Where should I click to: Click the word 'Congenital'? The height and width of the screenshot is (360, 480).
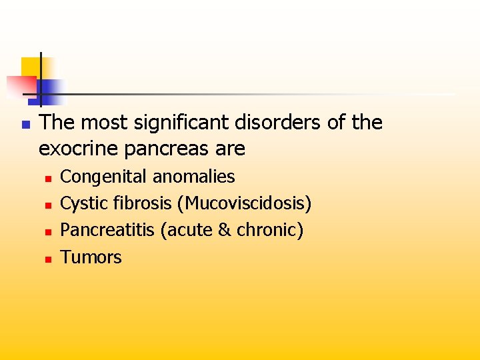tap(104, 177)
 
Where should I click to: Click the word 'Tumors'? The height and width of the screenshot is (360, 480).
tap(91, 257)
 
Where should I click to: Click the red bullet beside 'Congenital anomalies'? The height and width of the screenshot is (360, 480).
tap(48, 179)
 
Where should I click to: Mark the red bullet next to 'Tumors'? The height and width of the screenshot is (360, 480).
tap(48, 259)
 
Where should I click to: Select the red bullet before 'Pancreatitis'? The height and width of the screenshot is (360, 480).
tap(48, 232)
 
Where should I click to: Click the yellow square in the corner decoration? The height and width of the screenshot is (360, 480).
tap(31, 66)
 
